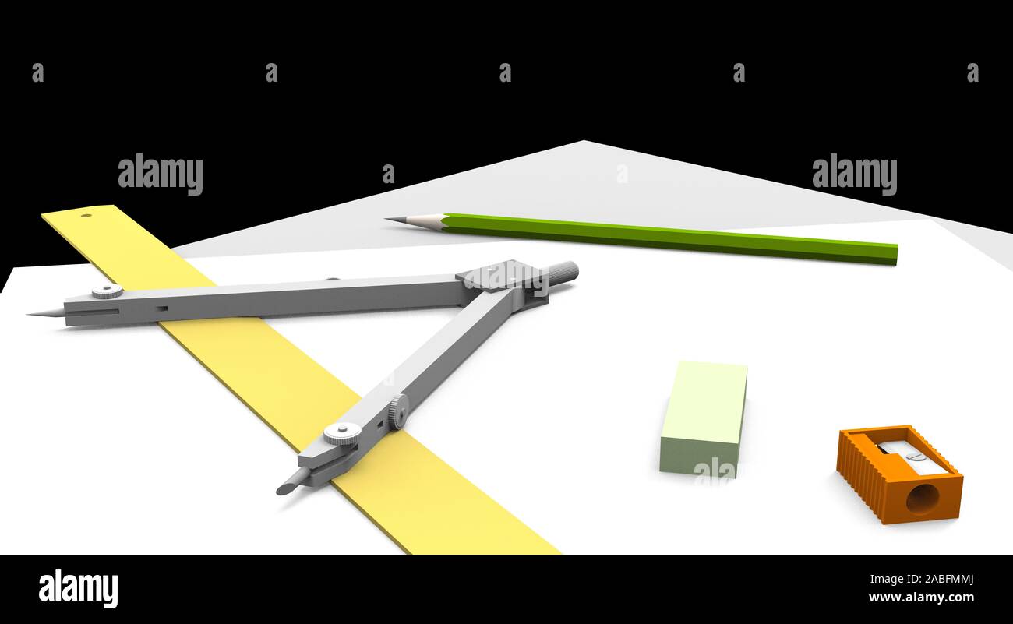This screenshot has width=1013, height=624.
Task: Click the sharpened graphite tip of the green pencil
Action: [x=389, y=220]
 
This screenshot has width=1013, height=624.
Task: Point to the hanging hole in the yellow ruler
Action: [x=86, y=216]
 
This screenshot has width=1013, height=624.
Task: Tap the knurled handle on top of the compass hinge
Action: [x=562, y=272]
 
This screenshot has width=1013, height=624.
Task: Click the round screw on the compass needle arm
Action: [x=108, y=291]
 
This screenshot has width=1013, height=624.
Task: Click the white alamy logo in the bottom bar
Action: [x=78, y=588]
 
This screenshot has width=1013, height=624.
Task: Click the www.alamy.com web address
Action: [x=920, y=598]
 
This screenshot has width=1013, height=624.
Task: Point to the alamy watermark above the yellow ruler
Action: [x=161, y=174]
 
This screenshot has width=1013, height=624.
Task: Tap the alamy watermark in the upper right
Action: [x=854, y=174]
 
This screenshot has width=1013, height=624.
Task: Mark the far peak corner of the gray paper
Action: [x=584, y=142]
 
